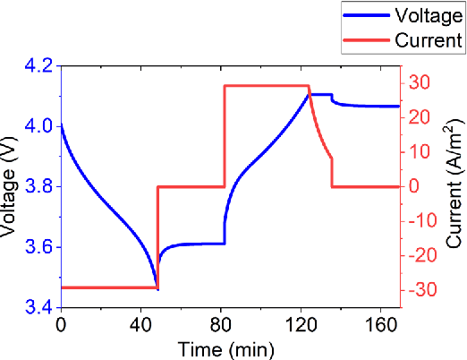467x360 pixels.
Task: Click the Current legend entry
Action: tap(428, 39)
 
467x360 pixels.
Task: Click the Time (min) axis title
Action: tap(231, 347)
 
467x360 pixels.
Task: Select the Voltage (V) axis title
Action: tap(12, 186)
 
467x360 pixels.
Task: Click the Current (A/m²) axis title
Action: tap(454, 186)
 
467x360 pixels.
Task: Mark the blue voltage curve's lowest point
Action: tap(157, 288)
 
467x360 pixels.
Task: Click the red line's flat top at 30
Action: tap(266, 85)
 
